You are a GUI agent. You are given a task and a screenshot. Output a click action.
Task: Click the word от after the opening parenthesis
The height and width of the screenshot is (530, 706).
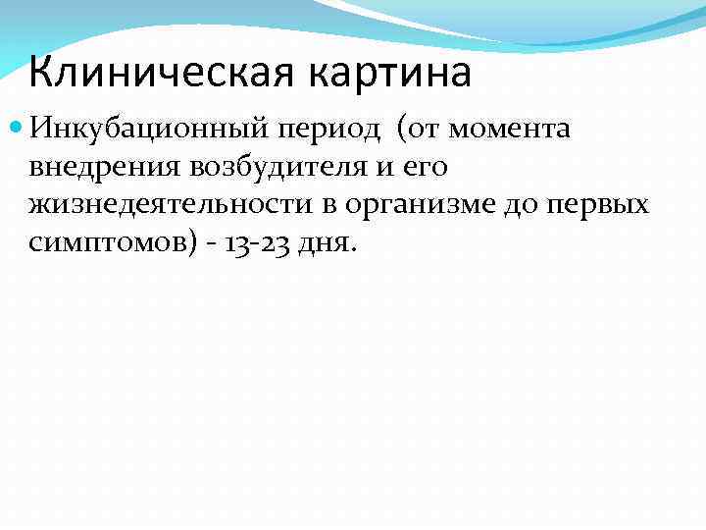point(419,130)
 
